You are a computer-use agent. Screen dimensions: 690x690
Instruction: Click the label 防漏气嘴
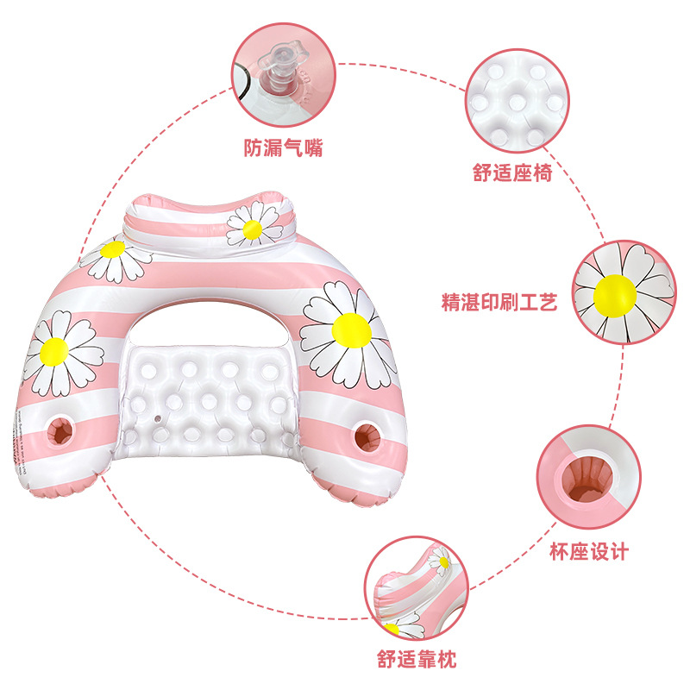point(282,147)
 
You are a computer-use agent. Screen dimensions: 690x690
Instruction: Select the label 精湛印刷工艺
point(499,303)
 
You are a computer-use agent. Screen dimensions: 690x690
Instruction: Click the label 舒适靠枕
point(417,661)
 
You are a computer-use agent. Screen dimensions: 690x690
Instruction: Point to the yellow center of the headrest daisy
point(252,229)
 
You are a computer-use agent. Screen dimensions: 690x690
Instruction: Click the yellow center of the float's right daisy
point(351,329)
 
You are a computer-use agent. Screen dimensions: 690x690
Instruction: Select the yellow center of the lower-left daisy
point(53,349)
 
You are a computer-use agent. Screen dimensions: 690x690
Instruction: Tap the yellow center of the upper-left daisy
point(113,250)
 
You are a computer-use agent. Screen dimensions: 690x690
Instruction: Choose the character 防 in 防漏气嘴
point(251,147)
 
